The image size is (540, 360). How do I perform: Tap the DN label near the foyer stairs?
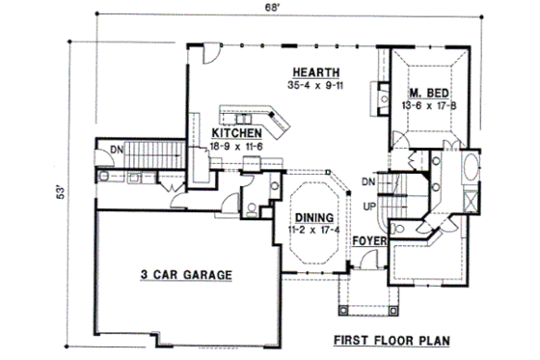coord(366,180)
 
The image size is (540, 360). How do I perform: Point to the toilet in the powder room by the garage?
coord(251,205)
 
